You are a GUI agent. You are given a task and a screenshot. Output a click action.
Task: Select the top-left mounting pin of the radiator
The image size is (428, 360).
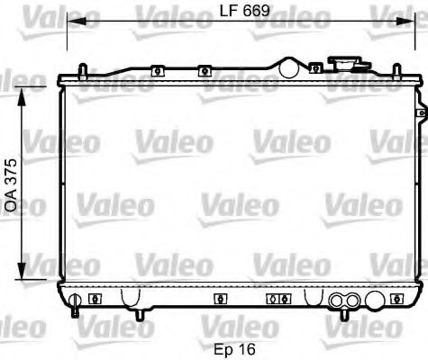click(82, 71)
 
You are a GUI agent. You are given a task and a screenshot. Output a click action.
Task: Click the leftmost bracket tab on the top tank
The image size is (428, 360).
click(156, 70)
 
